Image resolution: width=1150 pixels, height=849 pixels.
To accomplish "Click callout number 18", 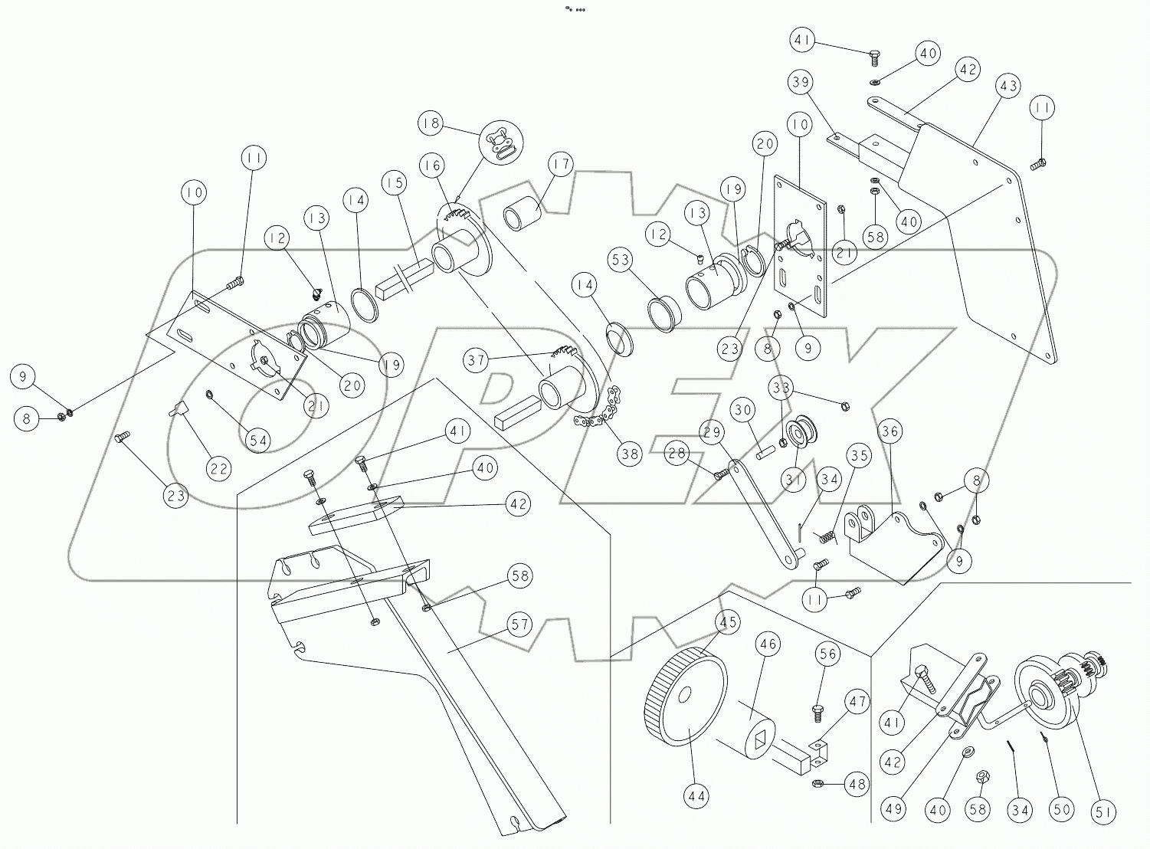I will tap(431, 123).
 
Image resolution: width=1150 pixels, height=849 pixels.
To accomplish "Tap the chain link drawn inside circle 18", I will tap(501, 143).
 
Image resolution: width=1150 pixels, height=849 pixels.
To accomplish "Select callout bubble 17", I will tap(561, 165).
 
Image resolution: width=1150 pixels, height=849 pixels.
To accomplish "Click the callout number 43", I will tap(1009, 86).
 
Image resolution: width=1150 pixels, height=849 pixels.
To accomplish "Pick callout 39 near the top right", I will tap(801, 82).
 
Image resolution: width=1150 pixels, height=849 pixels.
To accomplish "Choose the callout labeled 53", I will tap(621, 260).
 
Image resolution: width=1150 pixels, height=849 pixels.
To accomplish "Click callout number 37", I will tap(477, 359).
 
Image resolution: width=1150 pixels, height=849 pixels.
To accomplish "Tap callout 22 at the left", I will tap(220, 467).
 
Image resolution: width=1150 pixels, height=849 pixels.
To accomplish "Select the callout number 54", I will tap(259, 440).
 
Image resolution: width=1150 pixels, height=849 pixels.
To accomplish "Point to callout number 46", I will tap(768, 645).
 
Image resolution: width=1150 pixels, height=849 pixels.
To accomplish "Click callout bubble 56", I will tap(829, 654).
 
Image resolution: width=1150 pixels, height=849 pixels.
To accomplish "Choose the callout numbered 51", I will tap(1104, 812).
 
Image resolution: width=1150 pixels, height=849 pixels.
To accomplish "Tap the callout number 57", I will tap(520, 624).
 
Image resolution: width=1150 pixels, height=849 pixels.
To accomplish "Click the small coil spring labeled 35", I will tap(826, 537).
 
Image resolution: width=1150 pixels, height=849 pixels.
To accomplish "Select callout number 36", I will tap(890, 431).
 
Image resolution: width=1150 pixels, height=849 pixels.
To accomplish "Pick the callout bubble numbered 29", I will tap(712, 433).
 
